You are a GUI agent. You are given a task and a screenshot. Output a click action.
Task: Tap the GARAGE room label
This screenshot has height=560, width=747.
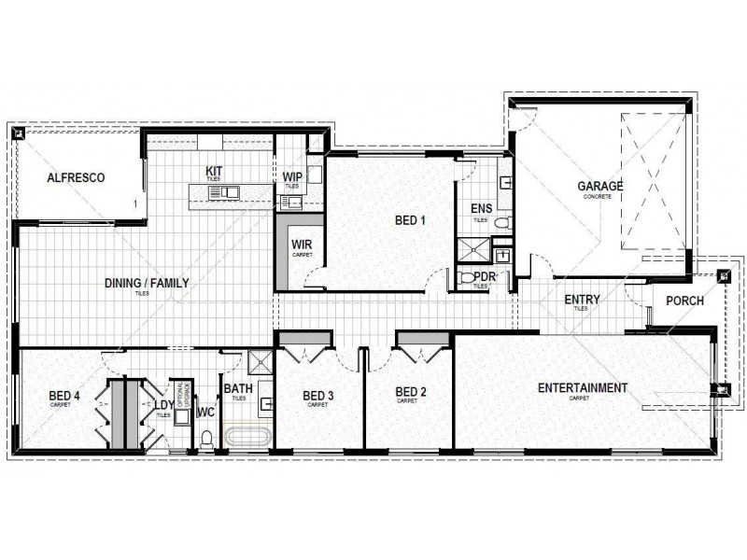pos(599,187)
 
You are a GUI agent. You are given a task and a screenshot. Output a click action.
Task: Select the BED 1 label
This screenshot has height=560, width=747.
pos(410,221)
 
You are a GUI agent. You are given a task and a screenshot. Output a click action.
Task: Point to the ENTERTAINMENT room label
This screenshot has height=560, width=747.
pos(583,387)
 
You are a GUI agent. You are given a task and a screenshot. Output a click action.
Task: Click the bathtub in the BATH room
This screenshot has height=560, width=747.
pos(247,436)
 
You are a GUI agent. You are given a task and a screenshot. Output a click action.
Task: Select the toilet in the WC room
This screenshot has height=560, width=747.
pos(207,437)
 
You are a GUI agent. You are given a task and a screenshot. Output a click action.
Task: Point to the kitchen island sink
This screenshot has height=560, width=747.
pos(225,193)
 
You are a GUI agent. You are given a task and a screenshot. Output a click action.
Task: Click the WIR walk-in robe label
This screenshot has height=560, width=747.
pos(300,245)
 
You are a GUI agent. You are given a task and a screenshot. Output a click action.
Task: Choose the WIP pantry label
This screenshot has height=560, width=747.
pos(291,177)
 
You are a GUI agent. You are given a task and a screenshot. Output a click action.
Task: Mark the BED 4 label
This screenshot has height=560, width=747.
pos(64,396)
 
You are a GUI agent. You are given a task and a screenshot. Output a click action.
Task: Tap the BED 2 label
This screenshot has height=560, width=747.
pos(410,392)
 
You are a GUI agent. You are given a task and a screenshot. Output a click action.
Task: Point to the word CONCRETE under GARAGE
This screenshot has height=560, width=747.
pos(599,197)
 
